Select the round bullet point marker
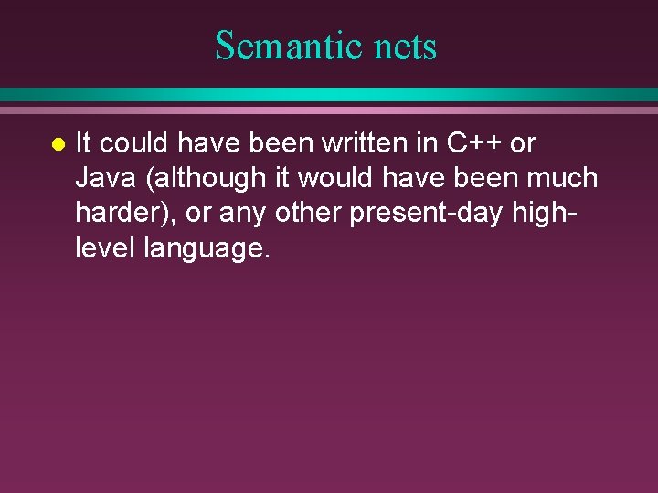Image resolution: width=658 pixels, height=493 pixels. coord(57,144)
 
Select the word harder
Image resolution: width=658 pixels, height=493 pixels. coord(122,213)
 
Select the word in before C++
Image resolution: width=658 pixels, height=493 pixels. coord(429,143)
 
